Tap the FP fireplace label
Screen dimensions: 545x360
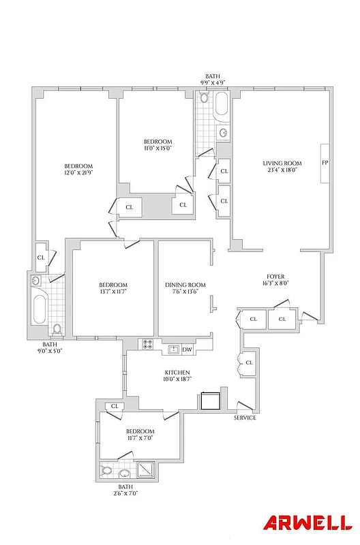(325, 163)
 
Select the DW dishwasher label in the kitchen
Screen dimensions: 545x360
(187, 350)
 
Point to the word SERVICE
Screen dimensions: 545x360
(245, 418)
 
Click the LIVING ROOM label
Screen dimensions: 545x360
(282, 163)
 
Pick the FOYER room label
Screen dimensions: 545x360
(276, 277)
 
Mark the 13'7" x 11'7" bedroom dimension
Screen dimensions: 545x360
(112, 292)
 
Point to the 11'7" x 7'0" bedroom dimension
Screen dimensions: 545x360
(140, 438)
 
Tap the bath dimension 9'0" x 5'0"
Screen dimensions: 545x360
(50, 352)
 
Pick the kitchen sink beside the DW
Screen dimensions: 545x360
(173, 350)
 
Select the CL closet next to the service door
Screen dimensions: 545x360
(249, 362)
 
